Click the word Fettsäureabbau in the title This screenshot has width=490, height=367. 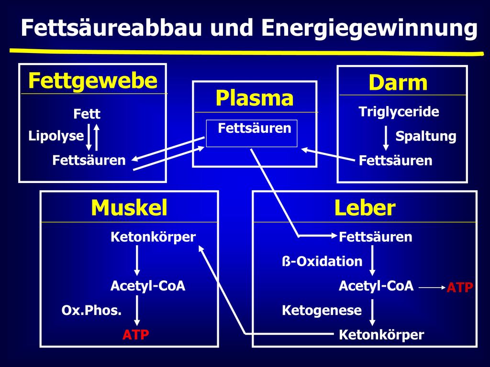111,27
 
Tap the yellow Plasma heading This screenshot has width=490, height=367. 255,98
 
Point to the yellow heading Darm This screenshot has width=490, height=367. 398,83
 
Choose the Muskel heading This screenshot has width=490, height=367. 129,208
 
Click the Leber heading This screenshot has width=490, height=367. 365,208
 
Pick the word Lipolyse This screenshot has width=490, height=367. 56,136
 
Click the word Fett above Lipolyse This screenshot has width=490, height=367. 87,114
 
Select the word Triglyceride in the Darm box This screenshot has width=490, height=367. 399,112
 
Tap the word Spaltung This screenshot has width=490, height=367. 425,136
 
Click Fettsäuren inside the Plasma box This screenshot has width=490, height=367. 255,128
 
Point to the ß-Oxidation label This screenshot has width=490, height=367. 322,261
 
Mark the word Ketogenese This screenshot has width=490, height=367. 322,311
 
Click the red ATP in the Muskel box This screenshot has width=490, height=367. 135,335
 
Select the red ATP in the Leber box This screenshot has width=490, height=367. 460,287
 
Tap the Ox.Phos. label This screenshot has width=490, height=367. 91,311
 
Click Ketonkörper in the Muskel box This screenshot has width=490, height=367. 153,237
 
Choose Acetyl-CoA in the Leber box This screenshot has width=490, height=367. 376,286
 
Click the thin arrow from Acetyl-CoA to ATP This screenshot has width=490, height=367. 432,287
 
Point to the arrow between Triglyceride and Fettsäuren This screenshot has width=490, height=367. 386,138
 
